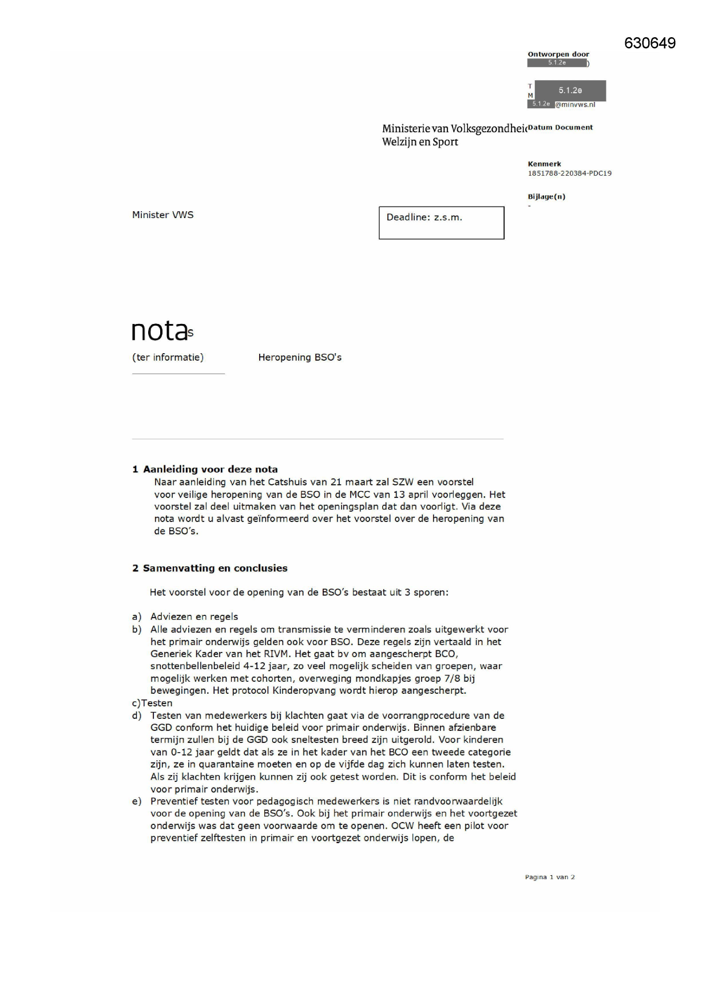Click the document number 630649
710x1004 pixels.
pos(649,44)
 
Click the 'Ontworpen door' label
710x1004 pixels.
pos(558,54)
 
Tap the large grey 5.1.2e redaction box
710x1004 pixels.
pos(570,90)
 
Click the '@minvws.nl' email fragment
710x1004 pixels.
pos(575,105)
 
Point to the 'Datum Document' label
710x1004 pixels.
pos(560,128)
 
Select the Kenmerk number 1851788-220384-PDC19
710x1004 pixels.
pos(569,173)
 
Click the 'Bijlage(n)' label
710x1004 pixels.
pos(546,197)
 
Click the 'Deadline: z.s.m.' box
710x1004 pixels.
pos(441,223)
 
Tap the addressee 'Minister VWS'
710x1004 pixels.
pos(162,215)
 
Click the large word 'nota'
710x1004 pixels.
pos(160,330)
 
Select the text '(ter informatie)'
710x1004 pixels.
pos(168,358)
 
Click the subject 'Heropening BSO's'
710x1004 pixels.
pos(299,358)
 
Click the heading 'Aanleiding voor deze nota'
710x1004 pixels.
pos(210,469)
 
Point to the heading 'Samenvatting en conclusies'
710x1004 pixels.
pos(215,568)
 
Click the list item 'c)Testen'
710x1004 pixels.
pos(152,703)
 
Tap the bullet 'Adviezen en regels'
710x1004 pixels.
pos(194,617)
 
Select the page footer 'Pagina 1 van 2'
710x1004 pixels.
pos(549,877)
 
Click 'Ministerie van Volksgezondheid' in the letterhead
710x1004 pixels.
pos(454,129)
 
